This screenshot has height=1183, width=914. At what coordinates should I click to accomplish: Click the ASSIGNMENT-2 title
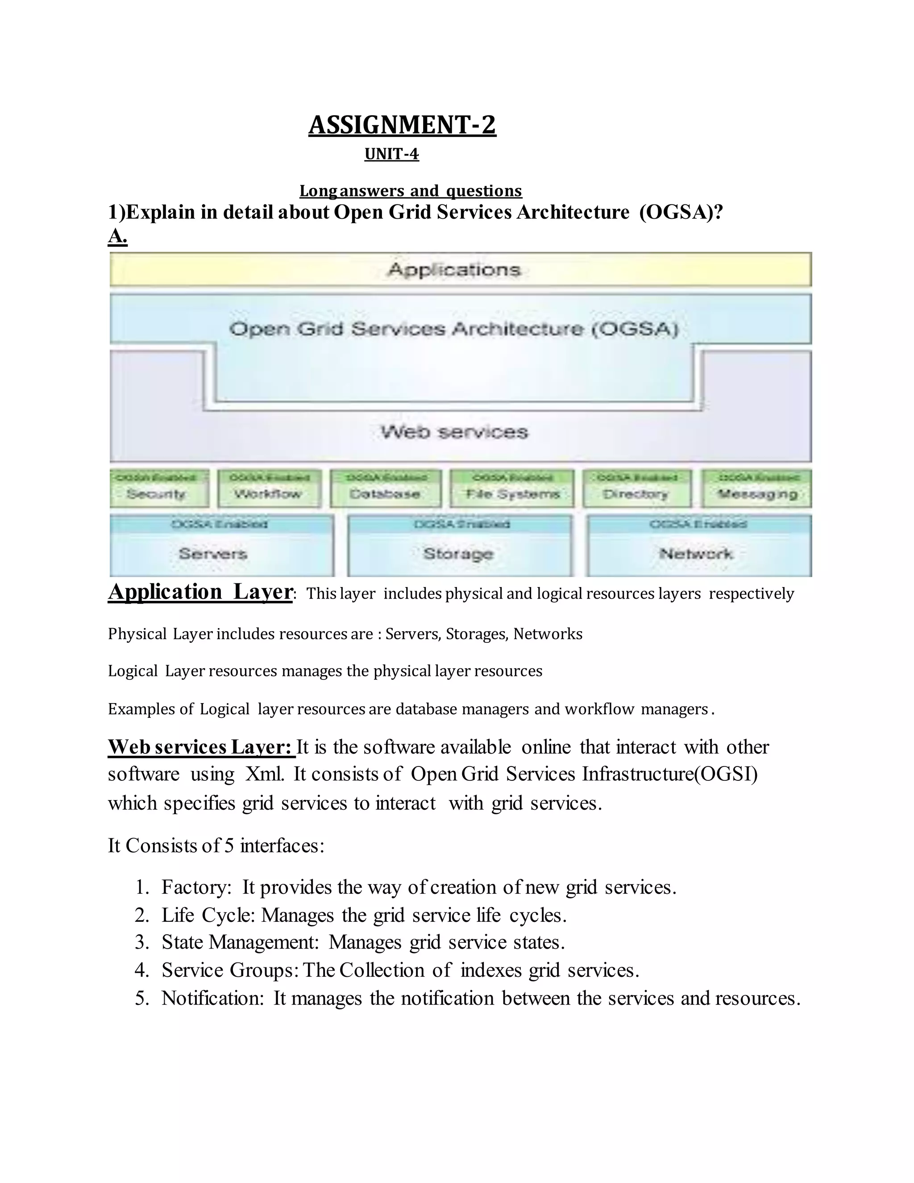[x=402, y=125]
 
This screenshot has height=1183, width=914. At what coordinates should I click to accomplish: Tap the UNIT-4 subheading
[x=391, y=154]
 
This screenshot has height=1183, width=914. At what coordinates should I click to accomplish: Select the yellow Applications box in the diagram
[x=460, y=269]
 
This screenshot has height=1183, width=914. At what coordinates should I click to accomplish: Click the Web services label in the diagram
[x=454, y=432]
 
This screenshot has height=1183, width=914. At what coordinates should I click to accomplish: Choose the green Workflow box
[x=269, y=488]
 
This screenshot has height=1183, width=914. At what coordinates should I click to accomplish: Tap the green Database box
[x=386, y=488]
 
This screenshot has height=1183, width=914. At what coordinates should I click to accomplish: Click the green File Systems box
[x=512, y=488]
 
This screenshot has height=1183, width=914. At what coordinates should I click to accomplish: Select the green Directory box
[x=637, y=488]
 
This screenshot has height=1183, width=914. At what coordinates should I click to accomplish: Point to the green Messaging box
[x=756, y=488]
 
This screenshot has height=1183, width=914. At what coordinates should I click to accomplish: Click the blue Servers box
[x=221, y=546]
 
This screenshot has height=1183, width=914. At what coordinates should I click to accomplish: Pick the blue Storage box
[x=459, y=546]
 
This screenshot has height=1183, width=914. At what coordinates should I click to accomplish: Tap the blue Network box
[x=698, y=546]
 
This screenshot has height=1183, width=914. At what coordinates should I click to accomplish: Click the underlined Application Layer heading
[x=200, y=591]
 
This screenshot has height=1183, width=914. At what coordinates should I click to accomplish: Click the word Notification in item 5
[x=212, y=998]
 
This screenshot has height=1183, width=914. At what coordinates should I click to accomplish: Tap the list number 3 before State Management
[x=141, y=942]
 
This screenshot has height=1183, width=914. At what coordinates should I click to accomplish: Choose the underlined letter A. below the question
[x=117, y=237]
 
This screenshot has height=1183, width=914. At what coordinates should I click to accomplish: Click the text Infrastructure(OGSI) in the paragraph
[x=670, y=774]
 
